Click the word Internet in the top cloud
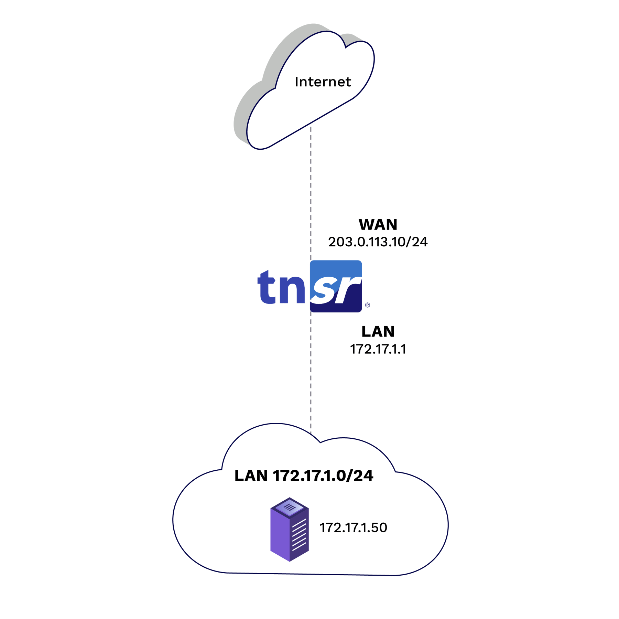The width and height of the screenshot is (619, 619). click(323, 82)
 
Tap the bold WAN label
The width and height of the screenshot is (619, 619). click(378, 225)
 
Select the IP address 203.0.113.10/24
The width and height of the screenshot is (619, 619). click(378, 242)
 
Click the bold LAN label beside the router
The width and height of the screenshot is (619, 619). click(378, 332)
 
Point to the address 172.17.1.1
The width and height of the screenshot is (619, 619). click(378, 349)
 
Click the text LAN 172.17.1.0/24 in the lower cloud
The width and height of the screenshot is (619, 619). click(304, 476)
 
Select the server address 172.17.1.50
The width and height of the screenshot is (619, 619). click(353, 528)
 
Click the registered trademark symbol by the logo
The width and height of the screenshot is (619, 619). click(367, 305)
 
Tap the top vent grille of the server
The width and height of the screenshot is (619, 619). click(290, 506)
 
